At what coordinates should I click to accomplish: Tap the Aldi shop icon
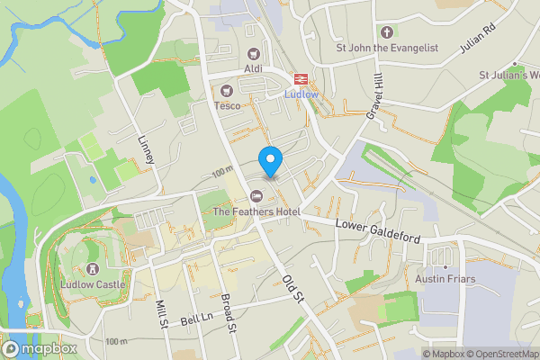(252, 53)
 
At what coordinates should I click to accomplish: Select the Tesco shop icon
(226, 90)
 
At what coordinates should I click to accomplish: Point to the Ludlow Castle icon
(92, 269)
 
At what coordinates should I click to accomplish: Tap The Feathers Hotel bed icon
(256, 195)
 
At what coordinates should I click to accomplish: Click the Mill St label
(161, 316)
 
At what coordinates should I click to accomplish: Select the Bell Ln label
(195, 319)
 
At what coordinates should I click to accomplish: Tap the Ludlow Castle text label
(92, 285)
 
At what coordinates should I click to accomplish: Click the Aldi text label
(252, 69)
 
